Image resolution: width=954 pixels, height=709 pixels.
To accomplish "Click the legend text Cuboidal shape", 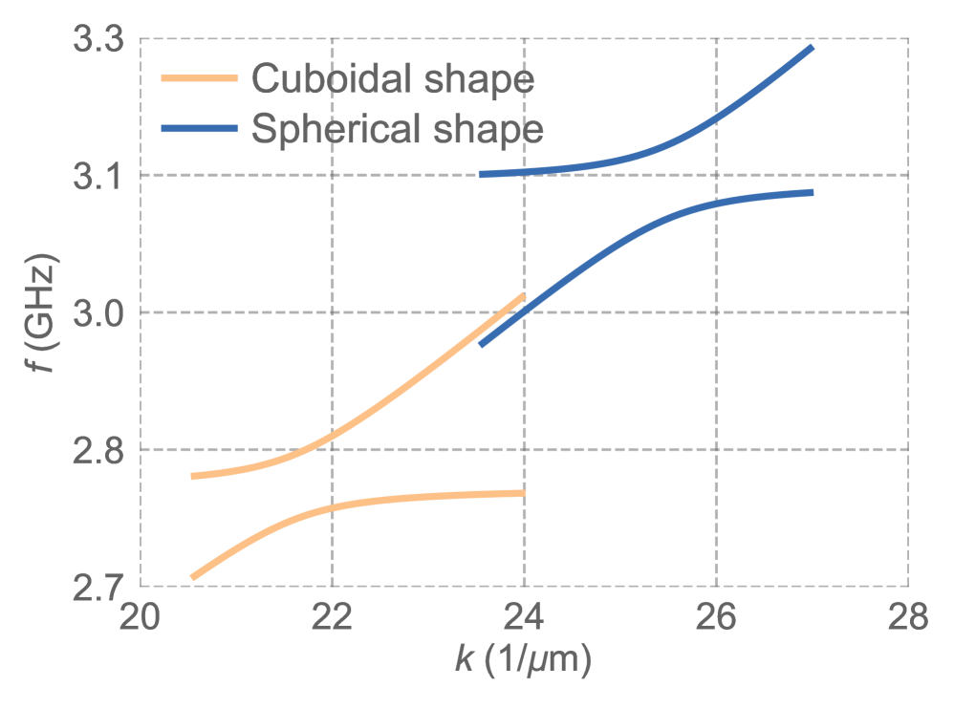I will (x=392, y=79).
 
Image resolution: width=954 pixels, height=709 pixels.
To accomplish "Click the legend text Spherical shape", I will (x=398, y=128).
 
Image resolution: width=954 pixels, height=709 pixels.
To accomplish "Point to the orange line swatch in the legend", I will (x=199, y=79).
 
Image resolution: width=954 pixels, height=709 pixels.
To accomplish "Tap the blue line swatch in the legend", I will (x=199, y=128).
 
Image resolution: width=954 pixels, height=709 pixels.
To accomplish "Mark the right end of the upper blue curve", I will (x=812, y=47).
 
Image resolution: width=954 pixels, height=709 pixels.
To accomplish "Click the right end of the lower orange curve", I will (x=524, y=493).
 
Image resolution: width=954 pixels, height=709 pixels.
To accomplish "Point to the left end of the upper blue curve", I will (x=481, y=174).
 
